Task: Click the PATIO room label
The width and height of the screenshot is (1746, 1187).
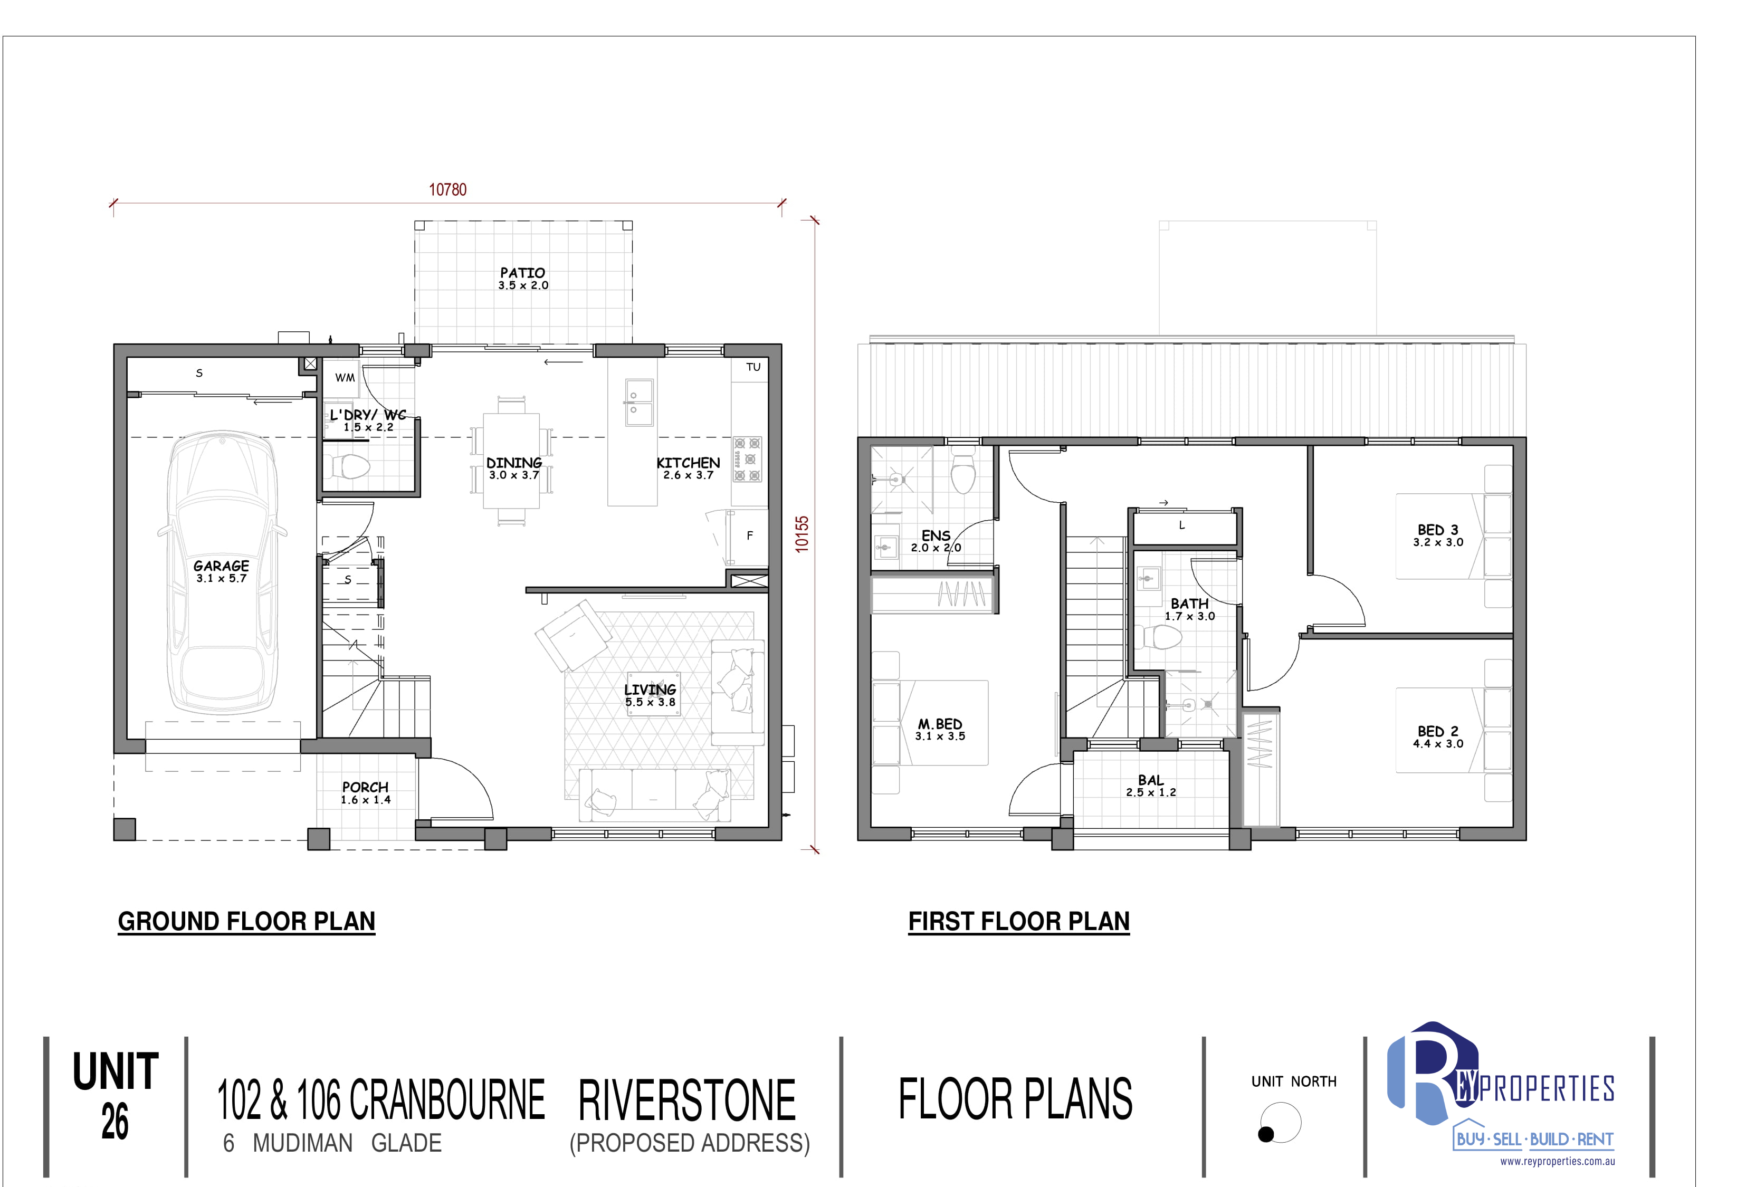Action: point(523,273)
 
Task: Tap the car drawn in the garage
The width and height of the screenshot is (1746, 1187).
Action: point(222,572)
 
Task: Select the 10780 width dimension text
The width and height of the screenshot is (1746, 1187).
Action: point(448,189)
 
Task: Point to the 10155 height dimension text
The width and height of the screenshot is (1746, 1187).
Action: point(803,534)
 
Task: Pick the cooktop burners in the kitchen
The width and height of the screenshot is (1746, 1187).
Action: point(748,459)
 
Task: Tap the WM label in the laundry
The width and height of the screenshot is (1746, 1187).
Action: point(345,378)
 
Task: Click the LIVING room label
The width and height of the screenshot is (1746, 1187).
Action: point(650,690)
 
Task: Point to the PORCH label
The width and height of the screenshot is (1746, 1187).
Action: point(365,787)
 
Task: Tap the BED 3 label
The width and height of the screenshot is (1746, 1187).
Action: point(1438,530)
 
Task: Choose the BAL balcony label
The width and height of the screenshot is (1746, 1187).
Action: point(1150,781)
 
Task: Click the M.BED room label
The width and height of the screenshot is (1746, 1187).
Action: point(940,724)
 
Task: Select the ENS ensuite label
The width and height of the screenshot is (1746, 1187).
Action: point(936,535)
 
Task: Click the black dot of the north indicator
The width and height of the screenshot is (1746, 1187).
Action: point(1266,1134)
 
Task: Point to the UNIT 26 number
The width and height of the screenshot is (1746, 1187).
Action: point(115,1122)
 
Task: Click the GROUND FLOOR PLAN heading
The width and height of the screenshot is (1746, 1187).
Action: point(246,922)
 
